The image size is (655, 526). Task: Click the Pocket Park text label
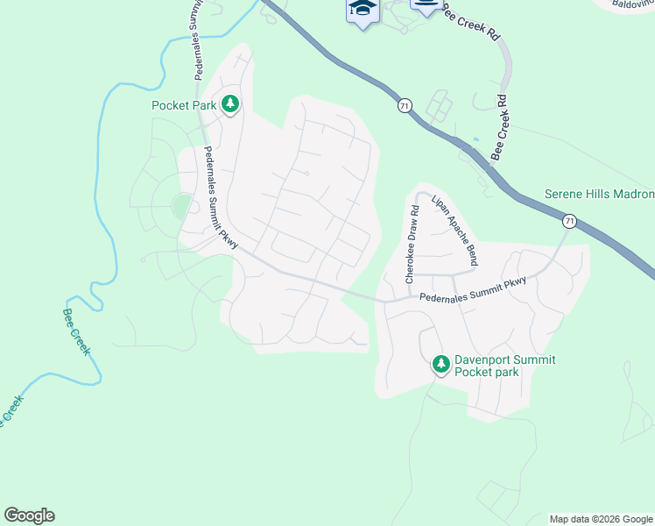[x=184, y=105]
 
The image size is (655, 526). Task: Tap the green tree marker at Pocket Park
[x=230, y=105]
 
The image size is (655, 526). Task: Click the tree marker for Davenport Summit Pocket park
[x=441, y=364]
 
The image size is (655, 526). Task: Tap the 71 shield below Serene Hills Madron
[x=569, y=222]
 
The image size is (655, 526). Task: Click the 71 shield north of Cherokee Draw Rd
[x=404, y=105]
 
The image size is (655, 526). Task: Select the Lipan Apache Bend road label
[x=455, y=231]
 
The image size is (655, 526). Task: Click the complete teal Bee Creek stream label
[x=76, y=331]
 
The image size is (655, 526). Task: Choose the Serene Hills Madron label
[x=599, y=194]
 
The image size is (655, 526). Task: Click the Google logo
[x=29, y=515]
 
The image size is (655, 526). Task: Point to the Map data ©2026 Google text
[x=600, y=519]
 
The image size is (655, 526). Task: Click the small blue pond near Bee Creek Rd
[x=475, y=139]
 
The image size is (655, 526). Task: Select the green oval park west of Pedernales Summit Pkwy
[x=181, y=207]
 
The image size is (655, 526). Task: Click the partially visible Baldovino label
[x=633, y=4]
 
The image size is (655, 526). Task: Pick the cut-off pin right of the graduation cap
[x=426, y=7]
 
